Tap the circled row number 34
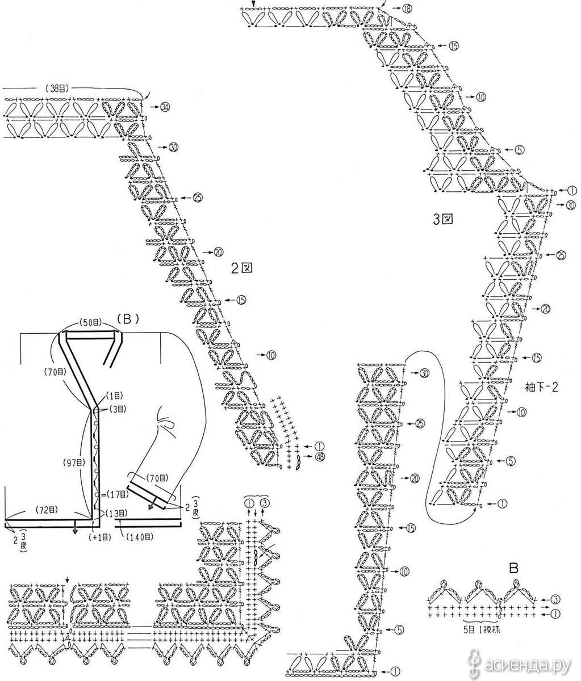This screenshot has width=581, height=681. [x=166, y=107]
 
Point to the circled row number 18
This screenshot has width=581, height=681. [x=407, y=9]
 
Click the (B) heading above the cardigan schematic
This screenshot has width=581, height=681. [x=128, y=319]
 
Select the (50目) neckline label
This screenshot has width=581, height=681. [x=90, y=322]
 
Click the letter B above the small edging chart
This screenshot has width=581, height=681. [x=512, y=567]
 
